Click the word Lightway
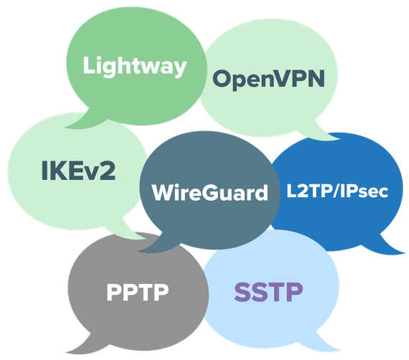click(135, 67)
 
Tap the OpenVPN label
click(268, 79)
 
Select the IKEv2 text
click(78, 171)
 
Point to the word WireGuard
click(210, 192)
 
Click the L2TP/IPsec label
click(337, 191)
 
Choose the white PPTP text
click(138, 292)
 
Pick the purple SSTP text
click(268, 292)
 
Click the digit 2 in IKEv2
click(108, 171)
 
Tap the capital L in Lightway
click(89, 65)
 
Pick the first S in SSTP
click(243, 292)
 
